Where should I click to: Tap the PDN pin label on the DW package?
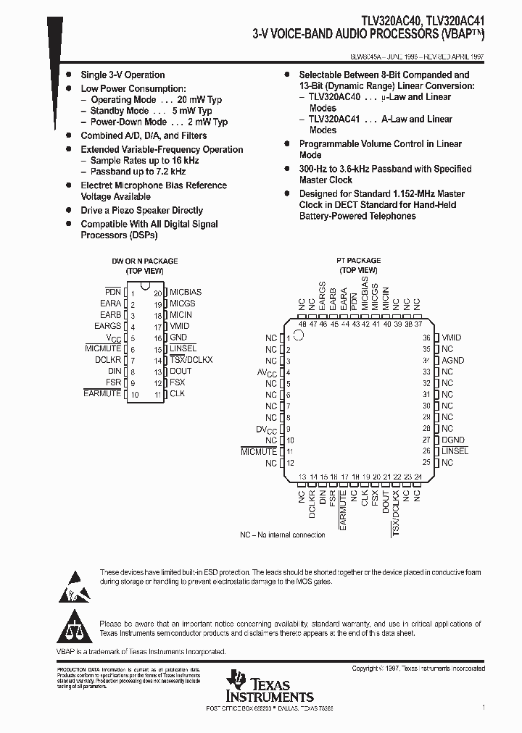pyautogui.click(x=112, y=292)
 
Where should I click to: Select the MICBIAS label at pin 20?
pyautogui.click(x=186, y=292)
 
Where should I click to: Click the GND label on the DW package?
pyautogui.click(x=178, y=338)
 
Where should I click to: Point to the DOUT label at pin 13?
pyautogui.click(x=181, y=371)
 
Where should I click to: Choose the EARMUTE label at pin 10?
pyautogui.click(x=102, y=394)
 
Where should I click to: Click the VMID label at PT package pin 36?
pyautogui.click(x=451, y=338)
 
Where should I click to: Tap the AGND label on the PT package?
pyautogui.click(x=452, y=360)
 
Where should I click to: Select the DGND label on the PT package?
pyautogui.click(x=452, y=440)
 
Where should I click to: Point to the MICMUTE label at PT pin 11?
pyautogui.click(x=260, y=451)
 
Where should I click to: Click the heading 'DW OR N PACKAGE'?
pyautogui.click(x=144, y=261)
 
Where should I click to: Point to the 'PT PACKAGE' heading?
pyautogui.click(x=358, y=260)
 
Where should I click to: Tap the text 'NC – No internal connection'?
pyautogui.click(x=283, y=535)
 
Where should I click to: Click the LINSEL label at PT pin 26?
pyautogui.click(x=455, y=451)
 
